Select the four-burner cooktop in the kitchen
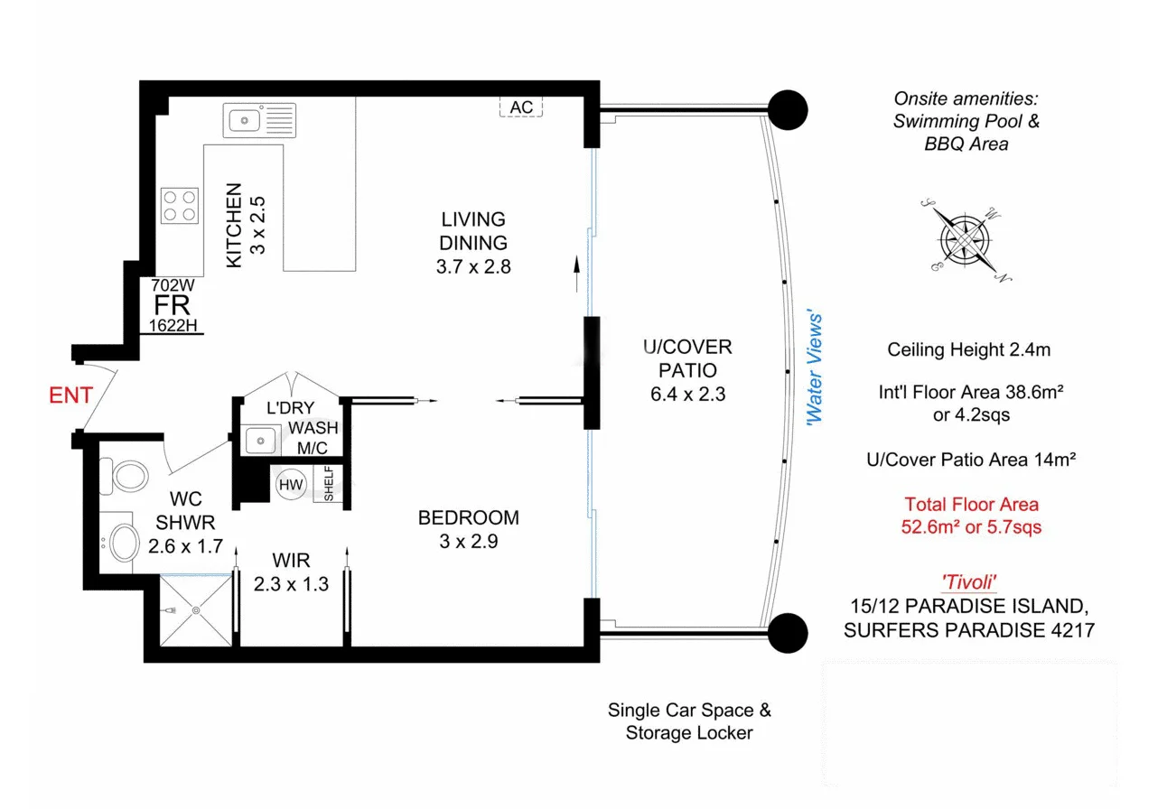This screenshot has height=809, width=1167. pyautogui.click(x=180, y=205)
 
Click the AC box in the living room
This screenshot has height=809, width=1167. pyautogui.click(x=521, y=107)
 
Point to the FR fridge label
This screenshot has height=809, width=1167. pyautogui.click(x=171, y=304)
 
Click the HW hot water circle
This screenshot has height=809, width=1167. pyautogui.click(x=291, y=485)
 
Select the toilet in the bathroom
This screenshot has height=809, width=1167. pyautogui.click(x=126, y=477)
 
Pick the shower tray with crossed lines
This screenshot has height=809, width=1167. pyautogui.click(x=196, y=611)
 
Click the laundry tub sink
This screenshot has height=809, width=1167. pyautogui.click(x=261, y=441)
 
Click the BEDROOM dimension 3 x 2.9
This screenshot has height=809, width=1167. pyautogui.click(x=468, y=542)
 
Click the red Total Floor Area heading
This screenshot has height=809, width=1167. pyautogui.click(x=971, y=505)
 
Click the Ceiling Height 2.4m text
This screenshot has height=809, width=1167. pyautogui.click(x=969, y=349)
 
